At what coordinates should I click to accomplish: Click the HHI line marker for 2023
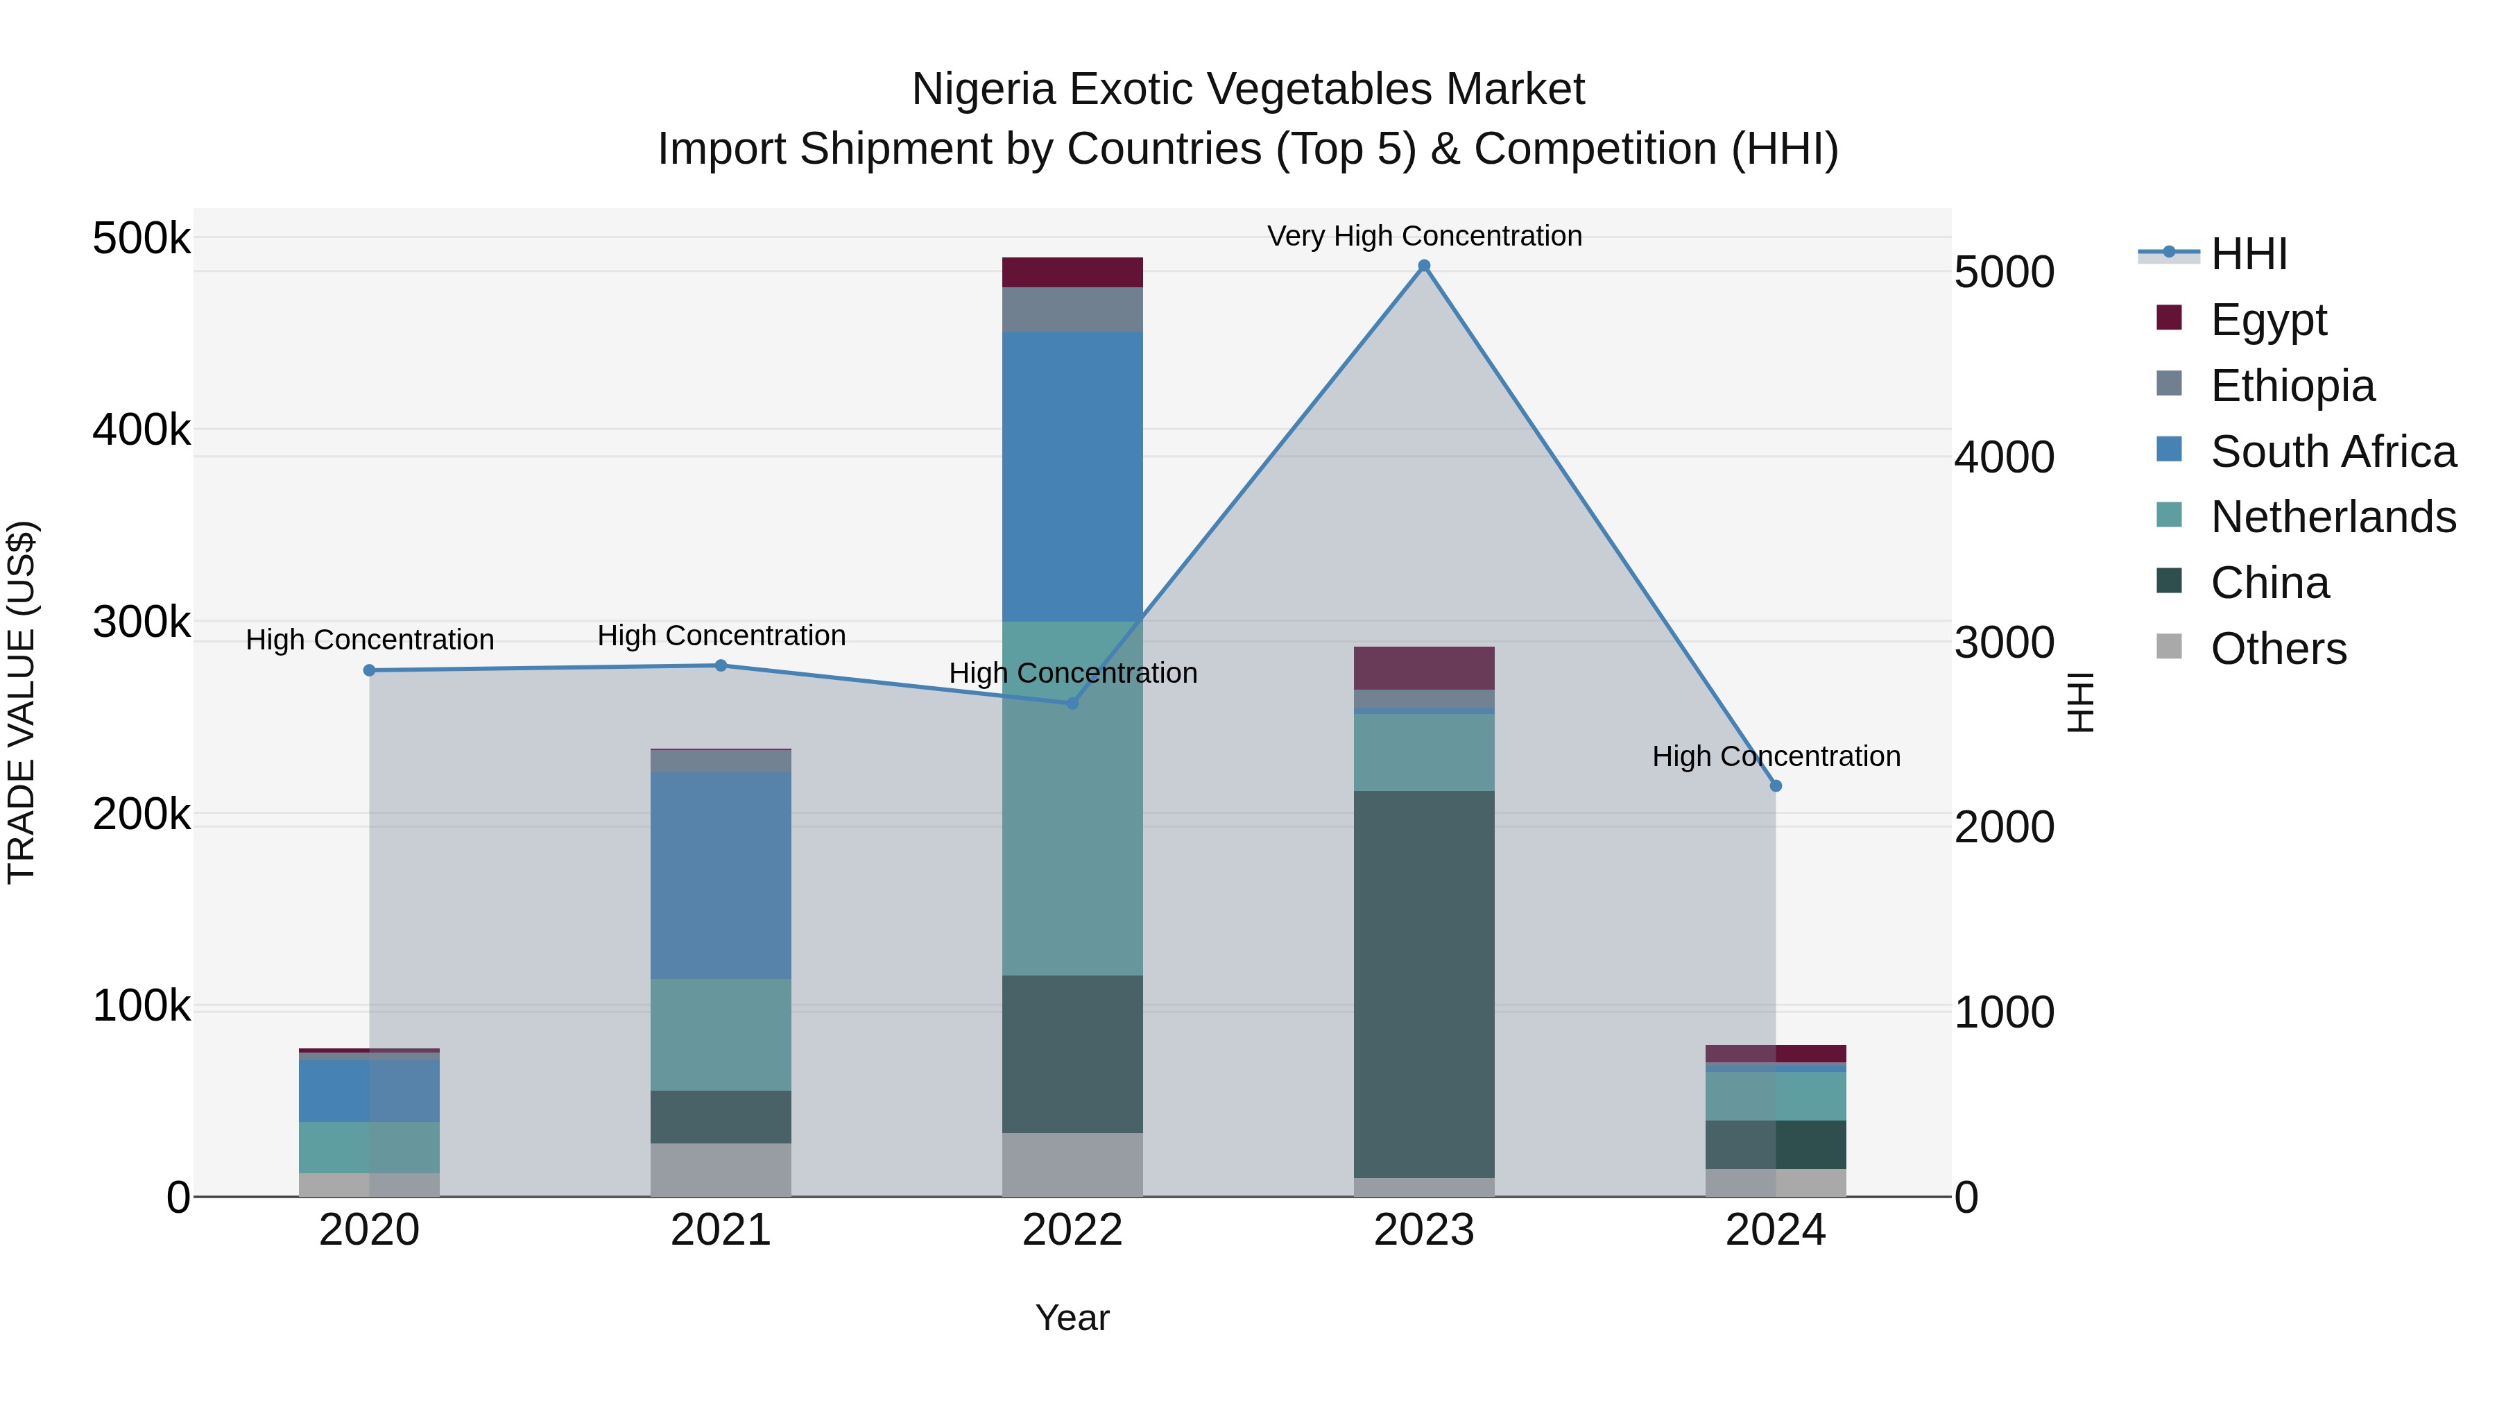click(x=1424, y=266)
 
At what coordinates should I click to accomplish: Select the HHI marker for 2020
click(x=369, y=670)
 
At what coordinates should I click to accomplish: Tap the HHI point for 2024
click(x=1776, y=785)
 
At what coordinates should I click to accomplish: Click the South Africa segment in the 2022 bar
click(x=1072, y=475)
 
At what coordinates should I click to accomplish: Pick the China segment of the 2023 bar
click(x=1424, y=984)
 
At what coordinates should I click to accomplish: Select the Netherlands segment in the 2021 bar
click(x=720, y=1034)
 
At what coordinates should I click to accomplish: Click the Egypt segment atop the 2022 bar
click(x=1072, y=273)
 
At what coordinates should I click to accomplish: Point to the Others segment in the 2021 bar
click(x=720, y=1169)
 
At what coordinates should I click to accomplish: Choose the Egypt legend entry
click(x=2268, y=320)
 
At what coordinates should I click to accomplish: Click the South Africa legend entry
click(x=2332, y=452)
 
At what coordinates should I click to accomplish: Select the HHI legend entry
click(x=2249, y=254)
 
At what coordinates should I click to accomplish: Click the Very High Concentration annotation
click(x=1424, y=236)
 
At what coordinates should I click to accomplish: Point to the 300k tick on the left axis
click(x=141, y=622)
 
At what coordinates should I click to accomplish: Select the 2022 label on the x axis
click(x=1072, y=1230)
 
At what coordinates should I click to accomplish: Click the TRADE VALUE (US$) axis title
click(x=22, y=702)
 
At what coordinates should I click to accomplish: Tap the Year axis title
click(x=1072, y=1318)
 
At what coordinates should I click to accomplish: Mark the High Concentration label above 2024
click(x=1776, y=756)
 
